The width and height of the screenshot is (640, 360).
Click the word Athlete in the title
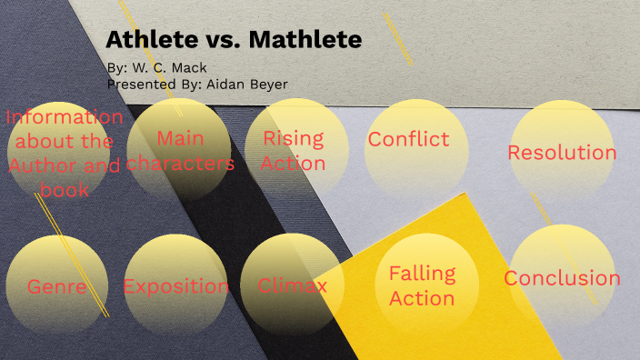pos(149,40)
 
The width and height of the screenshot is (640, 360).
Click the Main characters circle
pos(179,151)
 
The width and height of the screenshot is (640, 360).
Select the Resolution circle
pos(561,152)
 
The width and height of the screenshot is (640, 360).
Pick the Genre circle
pos(56,286)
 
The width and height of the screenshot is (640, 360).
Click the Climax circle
pos(293,286)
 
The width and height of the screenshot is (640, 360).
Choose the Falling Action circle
pos(422,285)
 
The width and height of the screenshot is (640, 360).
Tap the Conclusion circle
pos(562,278)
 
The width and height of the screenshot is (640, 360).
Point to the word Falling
pos(422,274)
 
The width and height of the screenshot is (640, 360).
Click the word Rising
pos(294,138)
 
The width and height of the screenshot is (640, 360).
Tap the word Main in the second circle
pos(180,139)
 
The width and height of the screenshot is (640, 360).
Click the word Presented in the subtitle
pos(143,84)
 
